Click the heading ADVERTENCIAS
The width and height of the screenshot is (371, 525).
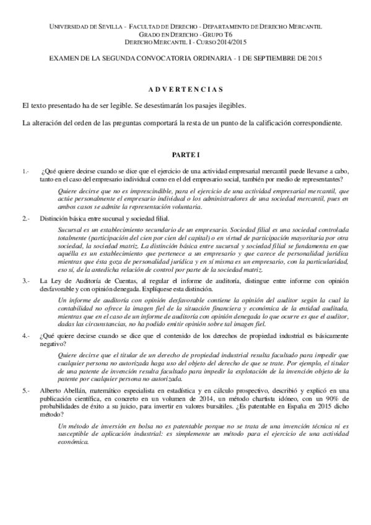[x=186, y=89]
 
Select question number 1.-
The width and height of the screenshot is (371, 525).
[x=25, y=170]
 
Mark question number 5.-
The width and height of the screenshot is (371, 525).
[x=25, y=391]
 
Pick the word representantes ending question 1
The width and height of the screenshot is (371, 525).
[x=316, y=178]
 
